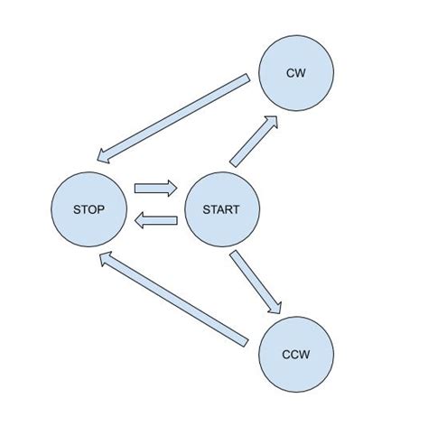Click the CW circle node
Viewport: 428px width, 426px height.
point(296,73)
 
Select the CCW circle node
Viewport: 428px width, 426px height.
point(296,354)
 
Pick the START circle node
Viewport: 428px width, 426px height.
point(222,209)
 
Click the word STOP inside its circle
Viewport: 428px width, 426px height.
point(88,209)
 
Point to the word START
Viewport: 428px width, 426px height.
point(222,209)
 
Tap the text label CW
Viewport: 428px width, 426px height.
point(296,73)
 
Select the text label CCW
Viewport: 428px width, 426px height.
point(296,354)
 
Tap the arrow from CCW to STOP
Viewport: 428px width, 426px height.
point(172,300)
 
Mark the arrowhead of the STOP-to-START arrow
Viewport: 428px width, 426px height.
point(171,189)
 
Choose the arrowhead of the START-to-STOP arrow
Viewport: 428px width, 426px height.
point(141,220)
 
